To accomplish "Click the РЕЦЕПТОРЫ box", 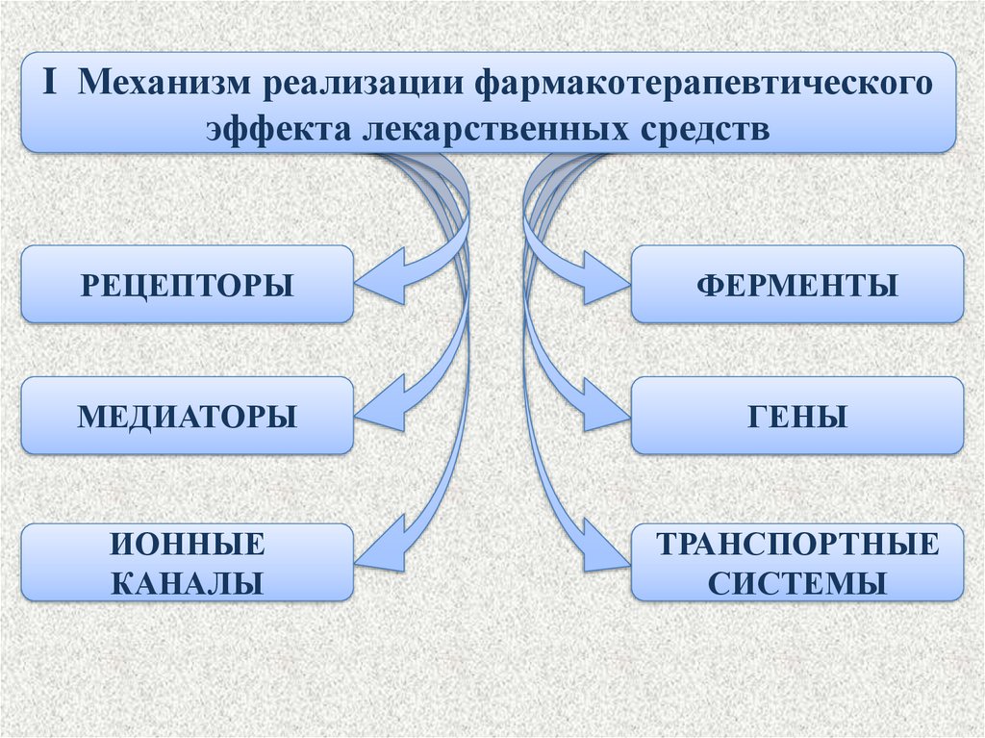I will tap(187, 285).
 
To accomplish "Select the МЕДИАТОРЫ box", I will tap(187, 416).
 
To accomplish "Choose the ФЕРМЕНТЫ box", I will tap(796, 285).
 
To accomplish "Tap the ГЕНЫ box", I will tap(796, 416).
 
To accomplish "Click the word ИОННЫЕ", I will tap(187, 545).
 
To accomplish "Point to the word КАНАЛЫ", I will tap(187, 581).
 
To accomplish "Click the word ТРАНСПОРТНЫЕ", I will tap(796, 545).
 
